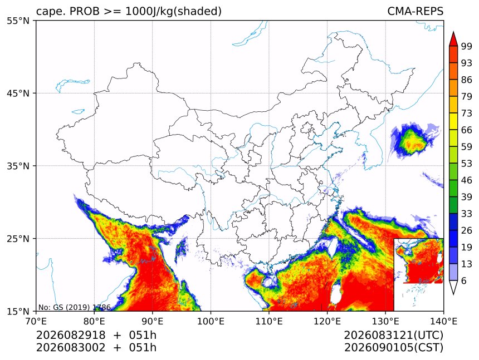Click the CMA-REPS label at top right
tap(415, 11)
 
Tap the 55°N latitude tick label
tap(18, 21)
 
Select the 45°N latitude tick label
tap(18, 93)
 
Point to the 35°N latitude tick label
tap(18, 166)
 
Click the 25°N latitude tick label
tap(18, 239)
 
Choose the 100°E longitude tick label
tap(211, 321)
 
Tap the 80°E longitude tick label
tap(94, 321)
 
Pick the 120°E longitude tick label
tap(327, 321)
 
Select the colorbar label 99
tap(467, 46)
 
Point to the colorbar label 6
tap(464, 280)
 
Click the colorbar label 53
tap(467, 164)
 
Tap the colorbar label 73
tap(467, 113)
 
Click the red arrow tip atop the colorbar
tap(453, 32)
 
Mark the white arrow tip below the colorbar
tap(453, 294)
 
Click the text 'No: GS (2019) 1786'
tap(74, 307)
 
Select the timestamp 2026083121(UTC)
tap(393, 335)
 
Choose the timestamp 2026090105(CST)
tap(393, 348)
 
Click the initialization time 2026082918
tap(71, 335)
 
